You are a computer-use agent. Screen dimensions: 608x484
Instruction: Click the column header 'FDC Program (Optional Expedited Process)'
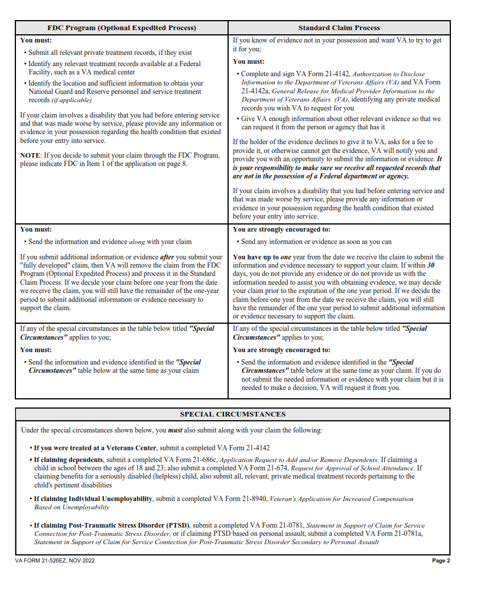pos(121,28)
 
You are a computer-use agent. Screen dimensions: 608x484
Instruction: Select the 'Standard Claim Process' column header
pos(339,28)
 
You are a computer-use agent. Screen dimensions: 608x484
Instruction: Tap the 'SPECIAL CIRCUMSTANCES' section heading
pos(232,414)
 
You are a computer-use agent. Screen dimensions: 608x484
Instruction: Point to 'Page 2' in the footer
pos(441,561)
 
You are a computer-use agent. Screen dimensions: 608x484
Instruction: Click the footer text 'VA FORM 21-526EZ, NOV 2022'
pos(55,561)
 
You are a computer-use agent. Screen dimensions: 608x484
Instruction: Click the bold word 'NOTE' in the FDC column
pos(30,155)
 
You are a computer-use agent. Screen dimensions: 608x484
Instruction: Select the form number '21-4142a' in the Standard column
pos(254,91)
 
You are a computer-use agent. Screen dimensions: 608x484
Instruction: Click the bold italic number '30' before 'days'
pos(431,266)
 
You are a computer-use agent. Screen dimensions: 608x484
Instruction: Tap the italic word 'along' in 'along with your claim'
pos(137,242)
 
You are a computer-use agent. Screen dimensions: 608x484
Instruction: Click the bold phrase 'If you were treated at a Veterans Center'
pos(95,448)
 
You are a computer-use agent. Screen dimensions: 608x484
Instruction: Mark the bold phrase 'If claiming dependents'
pos(69,460)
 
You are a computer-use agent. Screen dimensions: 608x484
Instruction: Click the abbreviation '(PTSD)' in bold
pos(178,525)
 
